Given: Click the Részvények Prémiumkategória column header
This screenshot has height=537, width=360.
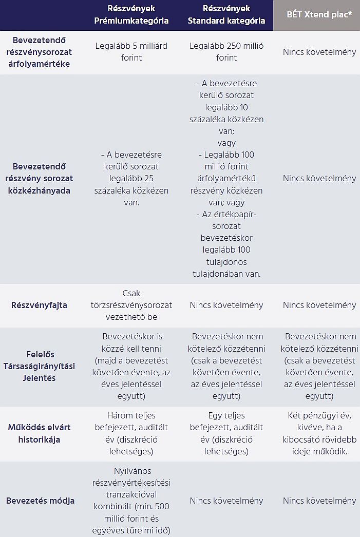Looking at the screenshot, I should (x=131, y=15).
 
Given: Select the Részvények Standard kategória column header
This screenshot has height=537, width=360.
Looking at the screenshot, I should (x=226, y=15).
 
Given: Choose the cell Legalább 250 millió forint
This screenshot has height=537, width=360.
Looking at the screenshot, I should (x=226, y=52).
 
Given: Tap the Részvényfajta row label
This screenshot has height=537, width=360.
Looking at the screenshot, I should (x=39, y=305).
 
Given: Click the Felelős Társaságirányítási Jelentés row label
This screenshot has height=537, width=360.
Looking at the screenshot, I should (x=40, y=366).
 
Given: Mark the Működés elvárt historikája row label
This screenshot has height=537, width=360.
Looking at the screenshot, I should (x=39, y=433).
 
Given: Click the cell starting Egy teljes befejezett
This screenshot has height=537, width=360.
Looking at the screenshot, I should (x=226, y=433).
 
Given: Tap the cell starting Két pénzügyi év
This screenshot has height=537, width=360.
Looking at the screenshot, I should (x=319, y=433).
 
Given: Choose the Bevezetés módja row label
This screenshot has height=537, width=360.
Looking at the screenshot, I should (x=40, y=501).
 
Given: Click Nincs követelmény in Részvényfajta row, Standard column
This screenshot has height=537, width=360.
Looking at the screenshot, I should (x=226, y=305).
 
